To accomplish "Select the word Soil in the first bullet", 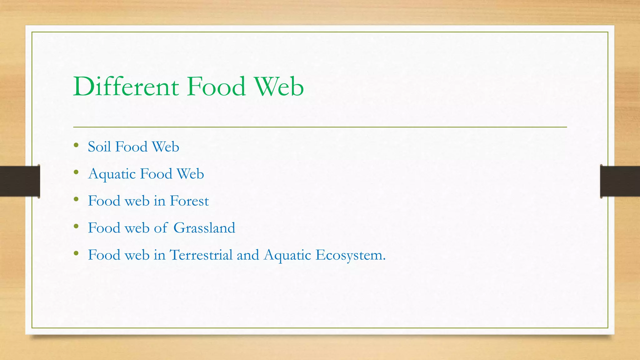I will click(x=100, y=147).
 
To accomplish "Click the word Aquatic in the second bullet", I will click(x=112, y=174).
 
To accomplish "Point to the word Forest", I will click(x=189, y=201).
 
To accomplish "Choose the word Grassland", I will click(x=204, y=228).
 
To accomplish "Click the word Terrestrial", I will click(x=201, y=255).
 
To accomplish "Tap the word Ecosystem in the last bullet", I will click(x=350, y=255).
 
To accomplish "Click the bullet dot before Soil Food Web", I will click(x=76, y=145).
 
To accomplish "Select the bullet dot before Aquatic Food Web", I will click(x=76, y=172).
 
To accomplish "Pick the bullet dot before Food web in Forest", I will click(x=76, y=199).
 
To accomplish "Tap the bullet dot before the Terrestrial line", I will click(x=76, y=253).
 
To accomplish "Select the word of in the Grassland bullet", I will click(x=161, y=228).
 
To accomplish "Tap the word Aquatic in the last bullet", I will click(x=287, y=255).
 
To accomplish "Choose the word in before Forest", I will click(x=159, y=201).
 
